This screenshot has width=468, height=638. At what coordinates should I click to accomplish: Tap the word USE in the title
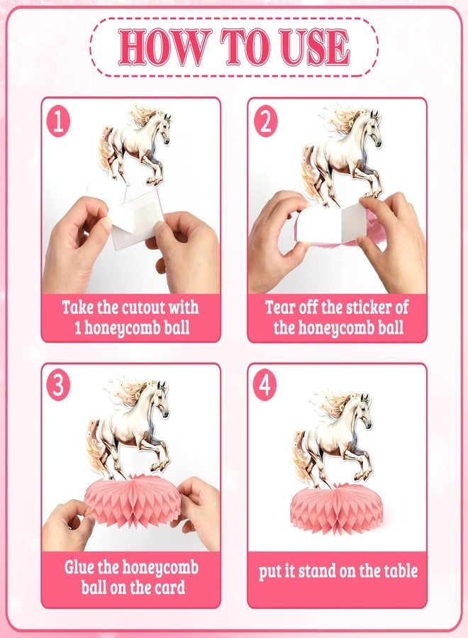pos(316,47)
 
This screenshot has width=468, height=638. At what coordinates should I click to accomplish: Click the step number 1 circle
pos(58,122)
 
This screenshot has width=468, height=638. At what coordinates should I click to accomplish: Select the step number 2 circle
pos(265,121)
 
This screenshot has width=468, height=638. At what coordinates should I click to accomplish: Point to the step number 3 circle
pos(58,385)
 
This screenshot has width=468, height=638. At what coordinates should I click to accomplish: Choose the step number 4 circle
pos(265,385)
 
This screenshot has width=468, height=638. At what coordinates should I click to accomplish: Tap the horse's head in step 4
pos(364,410)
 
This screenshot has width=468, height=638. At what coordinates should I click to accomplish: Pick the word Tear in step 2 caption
pos(280,307)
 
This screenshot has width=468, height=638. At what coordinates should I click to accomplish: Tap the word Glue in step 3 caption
pos(79,567)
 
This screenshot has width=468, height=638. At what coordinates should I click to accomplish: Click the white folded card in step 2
pos(331,224)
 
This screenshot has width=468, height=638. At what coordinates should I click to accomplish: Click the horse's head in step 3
pos(161,398)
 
